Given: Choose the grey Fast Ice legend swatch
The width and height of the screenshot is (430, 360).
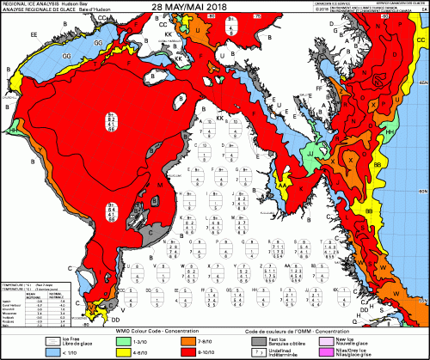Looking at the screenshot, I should point(258,339).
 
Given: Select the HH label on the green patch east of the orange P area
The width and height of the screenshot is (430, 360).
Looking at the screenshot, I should point(389,131).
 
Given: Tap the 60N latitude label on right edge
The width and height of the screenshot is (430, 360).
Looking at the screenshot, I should point(421,186).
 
